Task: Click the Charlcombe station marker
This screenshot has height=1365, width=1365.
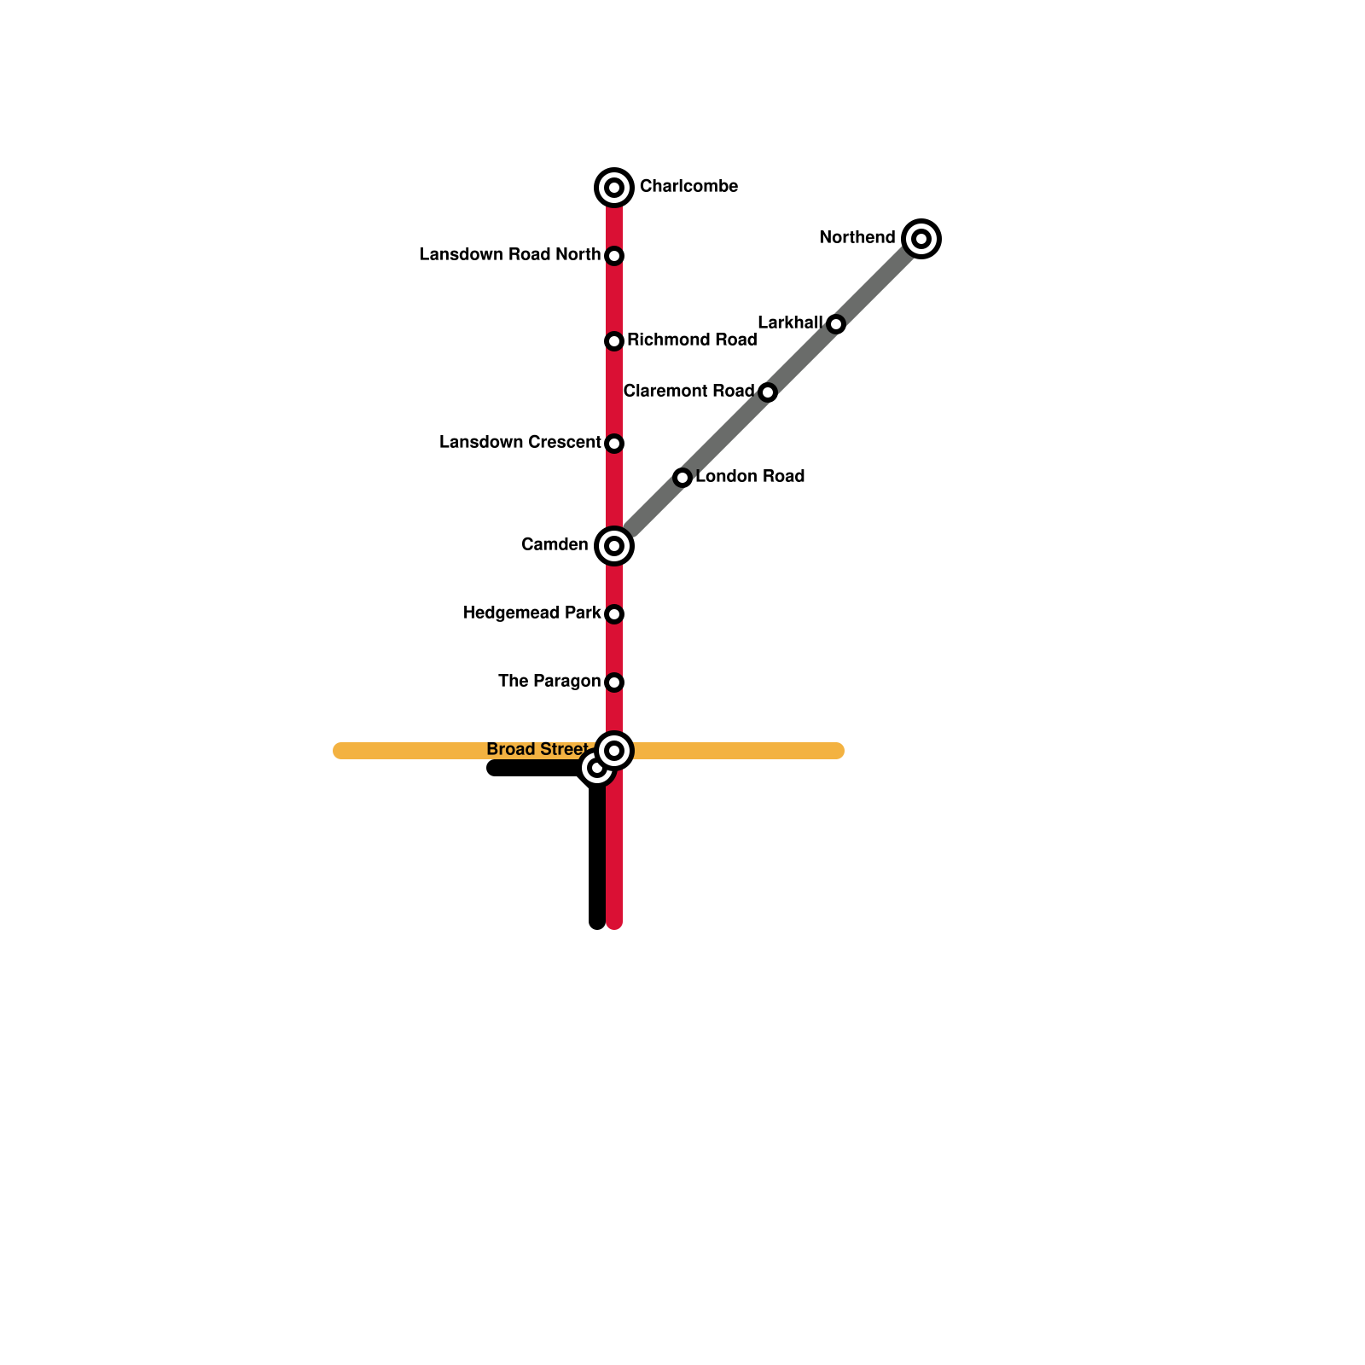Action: tap(614, 188)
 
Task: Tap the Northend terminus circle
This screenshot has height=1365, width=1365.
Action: tap(921, 239)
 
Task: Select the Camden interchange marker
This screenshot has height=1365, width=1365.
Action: tap(614, 546)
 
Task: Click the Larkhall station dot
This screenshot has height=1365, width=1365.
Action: tap(836, 324)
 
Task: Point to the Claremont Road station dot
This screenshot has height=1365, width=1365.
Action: tap(768, 392)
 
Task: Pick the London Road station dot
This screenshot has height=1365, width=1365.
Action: tap(682, 478)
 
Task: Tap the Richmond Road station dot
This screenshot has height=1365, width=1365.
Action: tap(614, 341)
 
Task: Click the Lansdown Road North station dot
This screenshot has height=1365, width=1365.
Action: tap(614, 256)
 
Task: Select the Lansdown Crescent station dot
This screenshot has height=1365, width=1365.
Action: tap(614, 444)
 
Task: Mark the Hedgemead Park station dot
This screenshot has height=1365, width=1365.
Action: tap(614, 614)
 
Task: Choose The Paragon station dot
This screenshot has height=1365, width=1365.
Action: tap(614, 682)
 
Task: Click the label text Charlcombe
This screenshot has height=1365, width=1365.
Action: tap(688, 187)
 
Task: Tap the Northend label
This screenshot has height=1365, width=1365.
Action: tap(857, 238)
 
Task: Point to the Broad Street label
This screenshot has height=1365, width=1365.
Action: tap(537, 750)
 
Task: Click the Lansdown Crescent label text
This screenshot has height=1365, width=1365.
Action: tap(520, 443)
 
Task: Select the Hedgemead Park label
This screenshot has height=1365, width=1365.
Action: tap(531, 613)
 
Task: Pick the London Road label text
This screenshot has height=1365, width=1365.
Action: tap(750, 477)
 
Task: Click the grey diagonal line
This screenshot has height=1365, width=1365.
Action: tap(725, 435)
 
